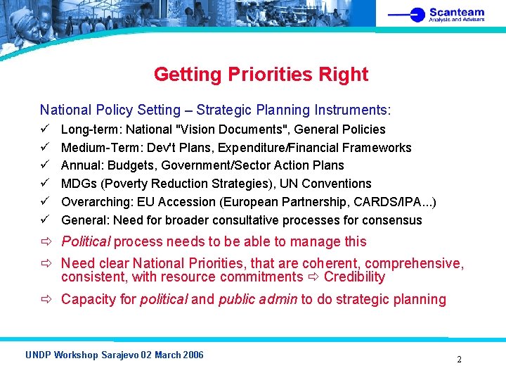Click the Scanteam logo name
coord(457,12)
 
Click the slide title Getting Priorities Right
coord(261,74)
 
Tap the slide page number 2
coord(459,359)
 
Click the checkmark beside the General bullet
coord(44,220)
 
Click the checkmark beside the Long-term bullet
coord(44,129)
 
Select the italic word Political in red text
coord(86,242)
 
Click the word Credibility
coord(354,277)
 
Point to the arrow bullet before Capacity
coord(46,300)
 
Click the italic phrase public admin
coord(258,299)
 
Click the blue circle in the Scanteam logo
coord(418,14)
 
